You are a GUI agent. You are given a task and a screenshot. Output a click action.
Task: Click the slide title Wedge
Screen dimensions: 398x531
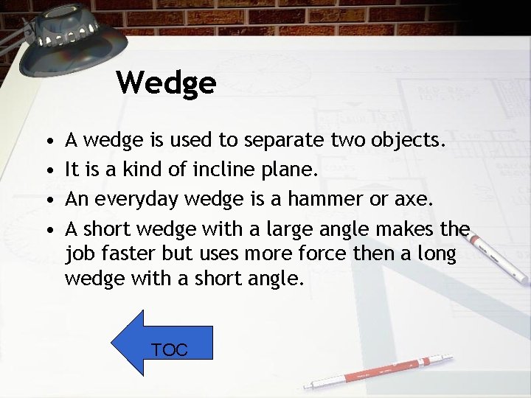pyautogui.click(x=166, y=83)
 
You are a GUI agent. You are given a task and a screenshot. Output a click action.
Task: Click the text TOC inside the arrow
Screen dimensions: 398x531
pyautogui.click(x=170, y=350)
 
